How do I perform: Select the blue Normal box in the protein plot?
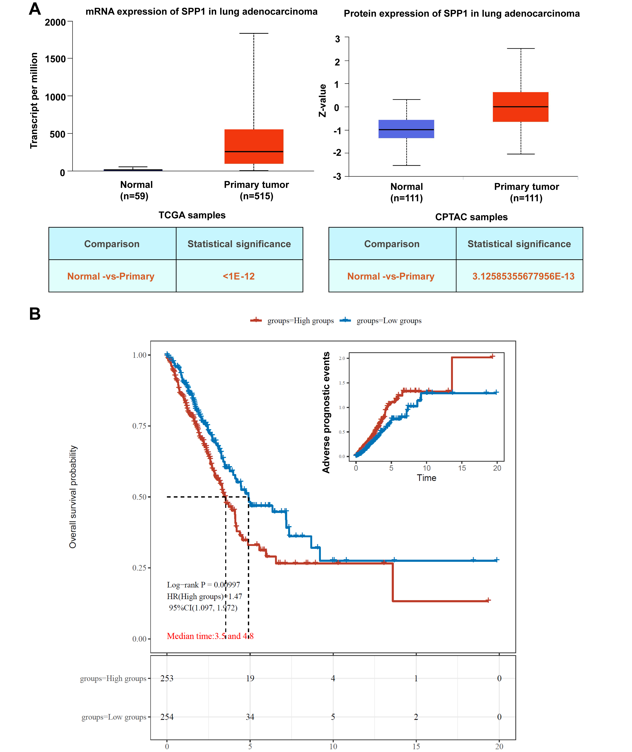pyautogui.click(x=406, y=129)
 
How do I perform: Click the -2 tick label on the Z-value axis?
pyautogui.click(x=337, y=153)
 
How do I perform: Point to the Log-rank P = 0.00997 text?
pyautogui.click(x=204, y=585)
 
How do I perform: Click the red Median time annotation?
pyautogui.click(x=210, y=636)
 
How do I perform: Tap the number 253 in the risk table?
pyautogui.click(x=167, y=678)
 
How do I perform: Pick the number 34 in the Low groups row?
pyautogui.click(x=250, y=717)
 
